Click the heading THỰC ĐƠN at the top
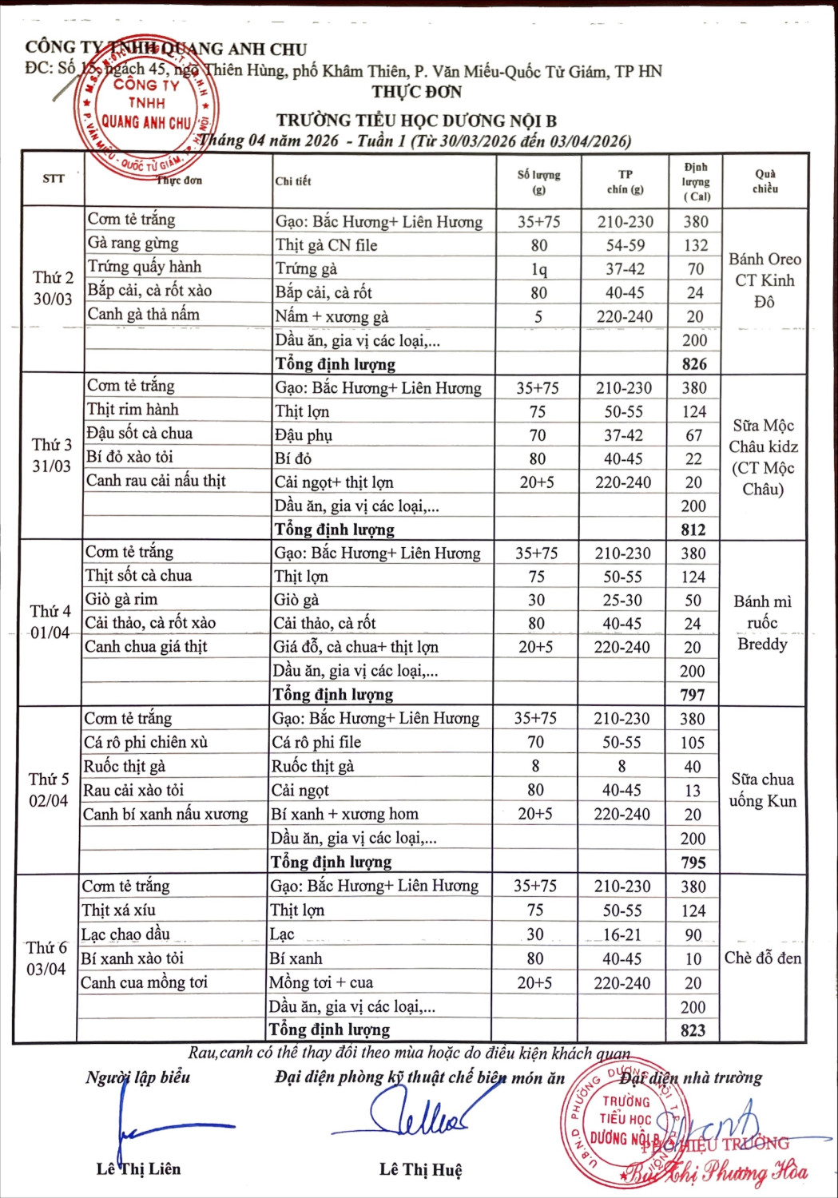point(416,92)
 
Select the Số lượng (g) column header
point(538,182)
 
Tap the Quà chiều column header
point(765,181)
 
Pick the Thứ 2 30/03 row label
point(53,288)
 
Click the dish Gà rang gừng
point(133,244)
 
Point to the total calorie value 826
point(694,364)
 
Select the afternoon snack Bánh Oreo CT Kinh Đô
point(765,280)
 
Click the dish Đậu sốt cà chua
point(140,434)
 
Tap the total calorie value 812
point(693,530)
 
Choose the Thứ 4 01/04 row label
point(50,622)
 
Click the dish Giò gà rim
point(121,600)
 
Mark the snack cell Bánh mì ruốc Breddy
point(762,623)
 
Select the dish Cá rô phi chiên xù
point(145,743)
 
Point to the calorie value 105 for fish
point(692,743)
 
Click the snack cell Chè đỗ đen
point(762,958)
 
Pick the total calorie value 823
point(693,1030)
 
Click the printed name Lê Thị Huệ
point(420,1170)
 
